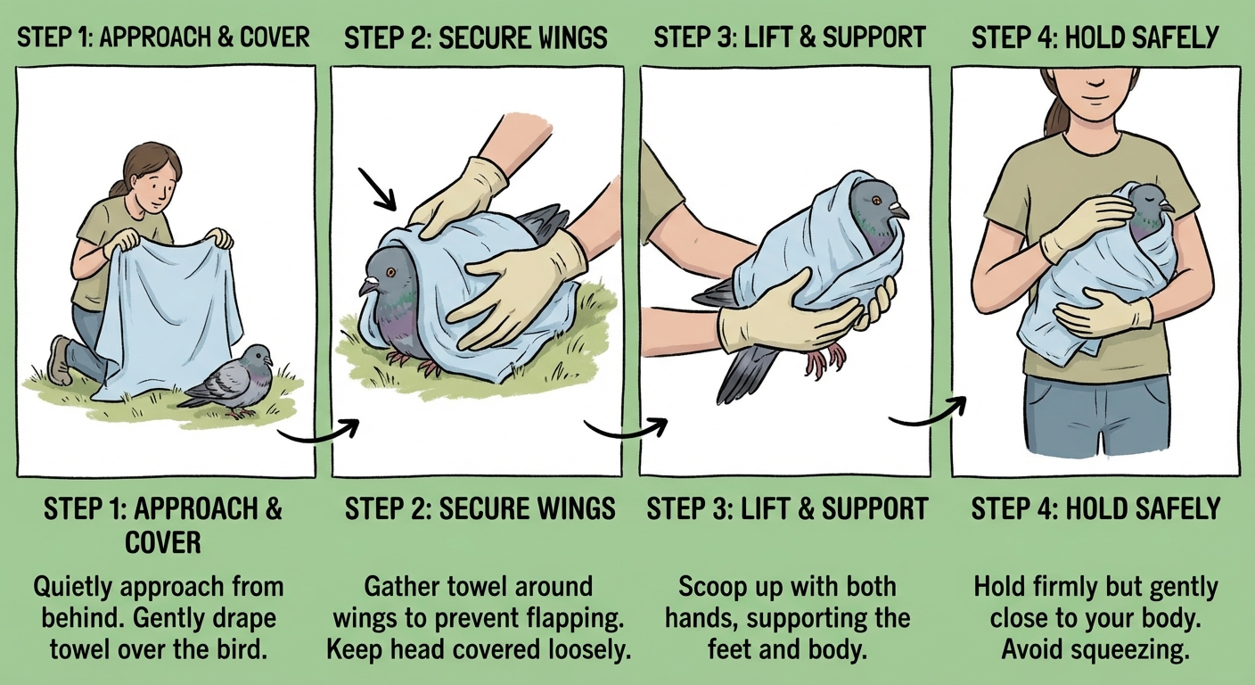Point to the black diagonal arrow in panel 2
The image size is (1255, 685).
click(377, 189)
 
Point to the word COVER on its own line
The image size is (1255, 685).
click(163, 542)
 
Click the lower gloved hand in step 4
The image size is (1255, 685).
click(1102, 314)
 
